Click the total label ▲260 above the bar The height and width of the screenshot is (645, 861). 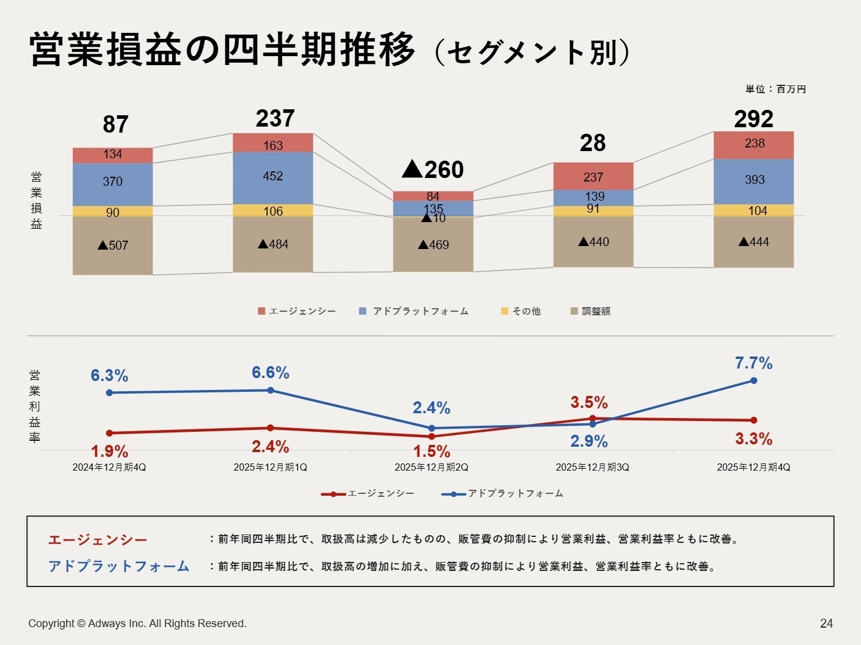433,170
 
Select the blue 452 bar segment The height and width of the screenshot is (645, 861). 273,177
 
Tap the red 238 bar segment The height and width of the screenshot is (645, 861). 753,145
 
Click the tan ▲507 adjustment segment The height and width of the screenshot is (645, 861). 112,245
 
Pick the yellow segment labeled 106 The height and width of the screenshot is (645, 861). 273,211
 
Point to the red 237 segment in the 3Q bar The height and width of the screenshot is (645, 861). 593,176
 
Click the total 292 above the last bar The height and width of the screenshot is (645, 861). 753,119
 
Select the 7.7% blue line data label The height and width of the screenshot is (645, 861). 753,363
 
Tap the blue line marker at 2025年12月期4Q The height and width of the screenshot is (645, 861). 753,380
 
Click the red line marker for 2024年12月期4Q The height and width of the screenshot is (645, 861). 109,433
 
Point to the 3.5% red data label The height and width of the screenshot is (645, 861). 589,403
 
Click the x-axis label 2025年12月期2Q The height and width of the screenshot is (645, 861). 431,468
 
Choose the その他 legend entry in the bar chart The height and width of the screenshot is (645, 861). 521,311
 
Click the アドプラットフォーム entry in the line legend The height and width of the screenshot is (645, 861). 503,494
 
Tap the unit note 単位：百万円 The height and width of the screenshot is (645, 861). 775,90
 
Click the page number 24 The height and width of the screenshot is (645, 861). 826,623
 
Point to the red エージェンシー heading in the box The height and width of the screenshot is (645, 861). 97,540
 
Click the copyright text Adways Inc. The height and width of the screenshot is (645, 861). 137,623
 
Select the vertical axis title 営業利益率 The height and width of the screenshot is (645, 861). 35,406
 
